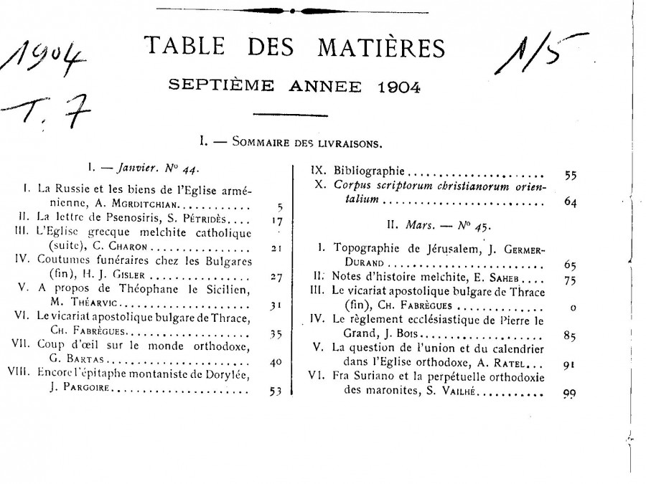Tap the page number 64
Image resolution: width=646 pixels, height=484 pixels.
(x=571, y=202)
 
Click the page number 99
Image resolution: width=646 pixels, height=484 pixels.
(x=571, y=393)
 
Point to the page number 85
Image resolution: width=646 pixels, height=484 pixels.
(x=571, y=335)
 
